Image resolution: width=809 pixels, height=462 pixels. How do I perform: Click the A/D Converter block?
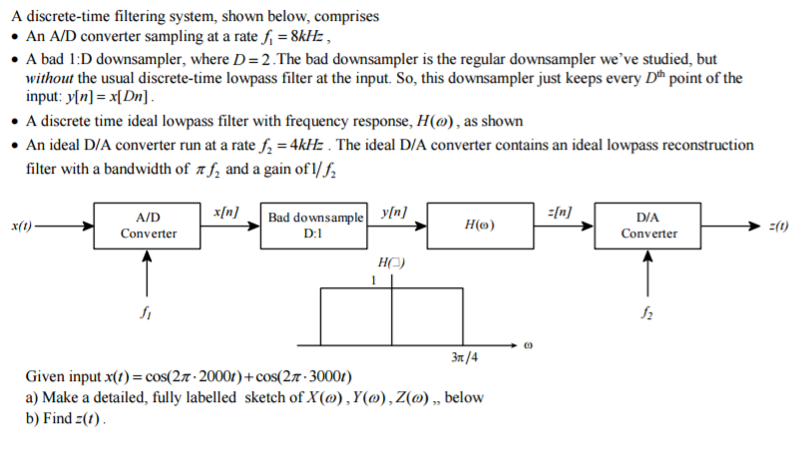[x=149, y=226]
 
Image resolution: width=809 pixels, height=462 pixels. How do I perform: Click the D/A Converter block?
[x=648, y=226]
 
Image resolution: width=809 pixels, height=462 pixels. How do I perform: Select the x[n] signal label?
[x=226, y=212]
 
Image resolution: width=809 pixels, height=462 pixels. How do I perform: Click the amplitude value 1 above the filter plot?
[x=373, y=279]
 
